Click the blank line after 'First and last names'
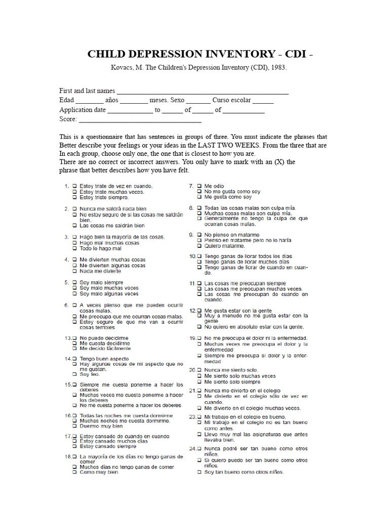203,93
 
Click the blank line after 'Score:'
140,121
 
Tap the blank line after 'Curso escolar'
263,102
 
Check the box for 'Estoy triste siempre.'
74,198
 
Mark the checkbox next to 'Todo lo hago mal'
74,249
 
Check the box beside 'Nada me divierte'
74,271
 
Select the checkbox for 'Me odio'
199,186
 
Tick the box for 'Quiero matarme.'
199,246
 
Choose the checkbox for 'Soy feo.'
74,374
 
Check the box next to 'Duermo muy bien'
74,426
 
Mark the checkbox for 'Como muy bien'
74,472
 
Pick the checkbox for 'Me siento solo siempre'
199,382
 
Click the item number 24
192,449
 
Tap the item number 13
67,337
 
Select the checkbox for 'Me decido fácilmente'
74,349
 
